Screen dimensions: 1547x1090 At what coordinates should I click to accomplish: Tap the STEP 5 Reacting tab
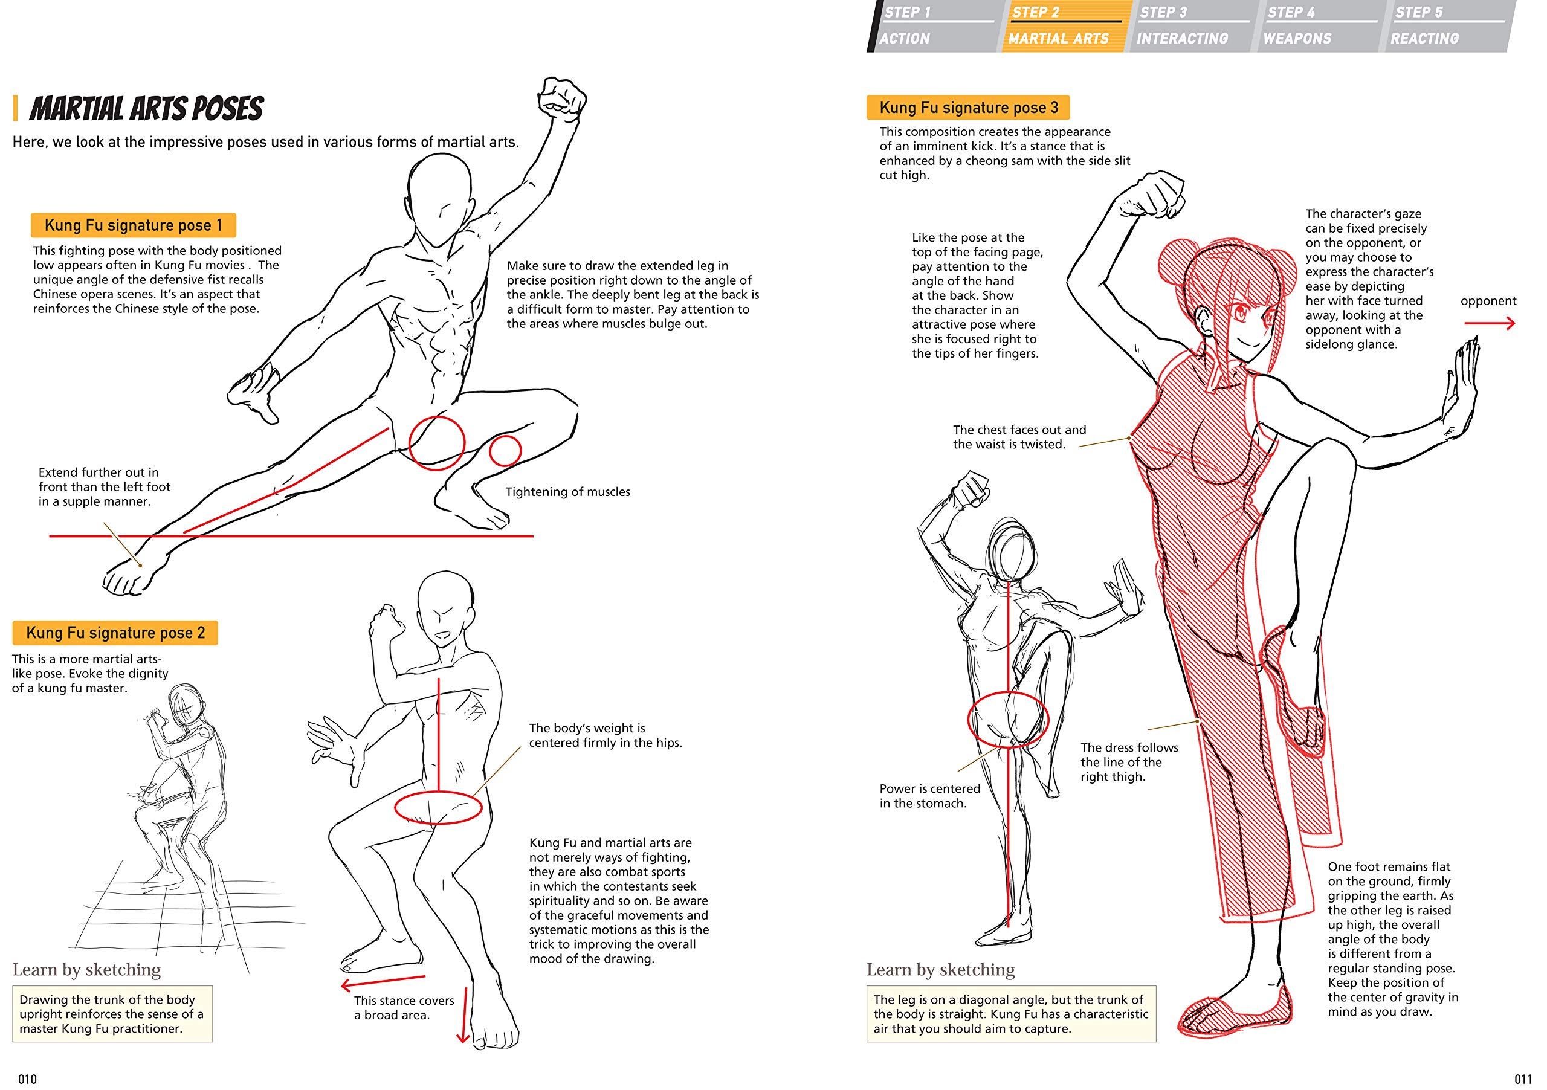pos(1445,25)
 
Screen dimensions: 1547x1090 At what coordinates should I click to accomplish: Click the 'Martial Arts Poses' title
pos(146,109)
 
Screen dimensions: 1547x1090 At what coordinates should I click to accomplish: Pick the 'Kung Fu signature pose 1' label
pos(134,225)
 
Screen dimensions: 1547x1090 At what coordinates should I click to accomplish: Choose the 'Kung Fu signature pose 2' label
pos(115,633)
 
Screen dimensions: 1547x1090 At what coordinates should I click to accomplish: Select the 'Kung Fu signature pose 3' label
pos(968,107)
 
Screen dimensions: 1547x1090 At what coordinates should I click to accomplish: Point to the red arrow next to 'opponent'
pos(1490,323)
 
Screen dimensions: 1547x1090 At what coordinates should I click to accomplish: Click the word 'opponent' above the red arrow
pos(1488,300)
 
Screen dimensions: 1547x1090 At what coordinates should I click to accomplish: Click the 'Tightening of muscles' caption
pos(568,492)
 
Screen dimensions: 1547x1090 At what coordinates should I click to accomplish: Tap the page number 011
pos(1523,1079)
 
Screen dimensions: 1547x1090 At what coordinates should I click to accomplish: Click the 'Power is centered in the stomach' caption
pos(930,796)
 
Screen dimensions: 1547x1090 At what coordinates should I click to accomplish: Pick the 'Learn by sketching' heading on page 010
pos(87,969)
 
